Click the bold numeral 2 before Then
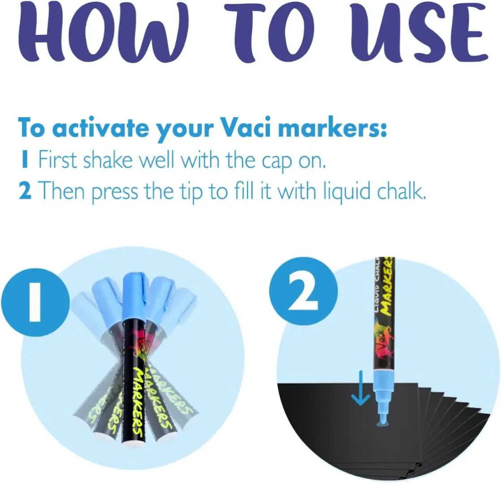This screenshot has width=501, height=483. click(25, 190)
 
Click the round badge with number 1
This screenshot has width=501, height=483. click(35, 302)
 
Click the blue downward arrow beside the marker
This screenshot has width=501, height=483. click(360, 388)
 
